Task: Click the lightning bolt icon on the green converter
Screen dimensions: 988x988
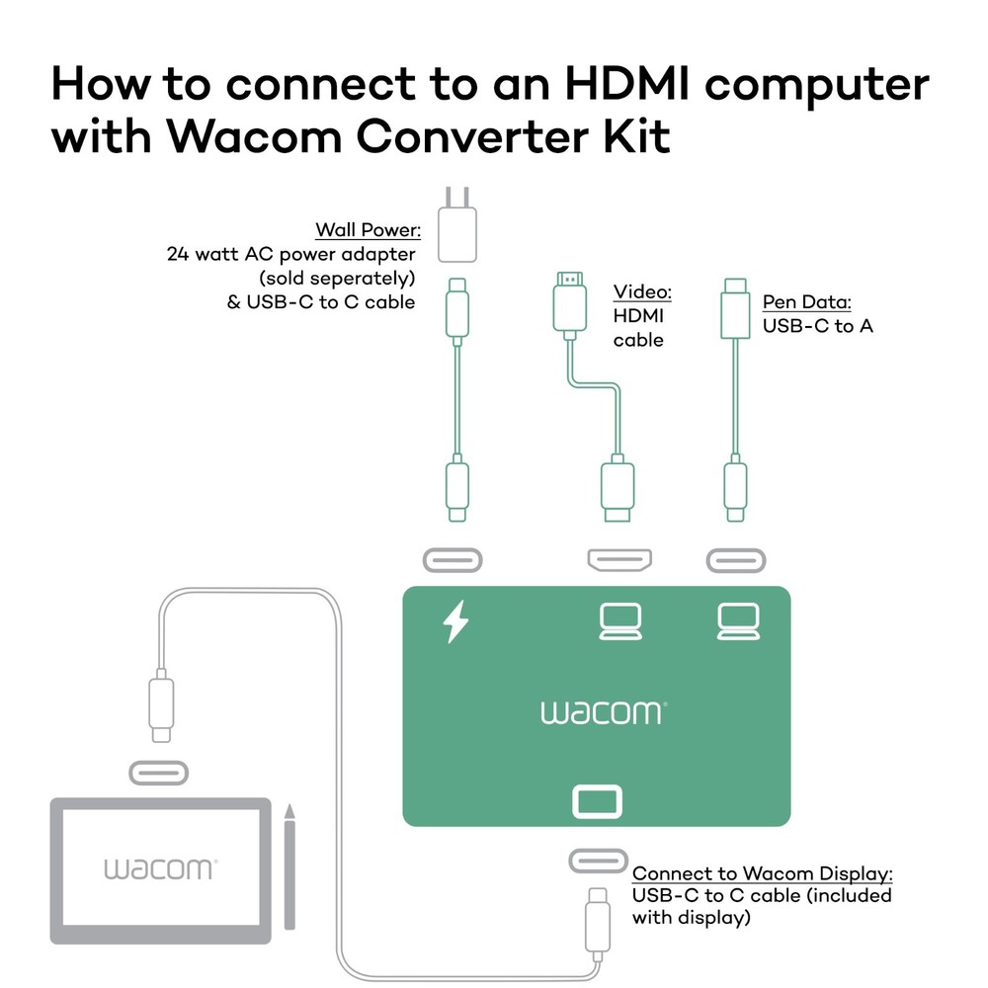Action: tap(454, 622)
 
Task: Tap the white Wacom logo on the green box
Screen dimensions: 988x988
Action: tap(604, 712)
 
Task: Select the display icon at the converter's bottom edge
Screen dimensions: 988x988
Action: tap(598, 801)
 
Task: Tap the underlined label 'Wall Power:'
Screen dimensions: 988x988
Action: tap(369, 230)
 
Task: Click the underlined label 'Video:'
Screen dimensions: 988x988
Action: tap(642, 292)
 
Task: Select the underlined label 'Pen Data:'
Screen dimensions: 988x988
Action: tap(806, 302)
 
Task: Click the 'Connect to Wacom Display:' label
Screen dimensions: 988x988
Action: tap(763, 873)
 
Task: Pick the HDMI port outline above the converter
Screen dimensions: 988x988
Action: tap(618, 561)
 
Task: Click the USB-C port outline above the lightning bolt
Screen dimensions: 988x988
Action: tap(453, 560)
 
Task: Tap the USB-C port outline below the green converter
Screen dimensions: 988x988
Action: tap(598, 861)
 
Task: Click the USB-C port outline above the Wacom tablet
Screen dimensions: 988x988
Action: tap(158, 773)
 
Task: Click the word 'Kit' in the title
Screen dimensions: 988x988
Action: tap(634, 136)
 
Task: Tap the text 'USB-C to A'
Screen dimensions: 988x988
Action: tap(817, 325)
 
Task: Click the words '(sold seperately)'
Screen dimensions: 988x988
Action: tap(336, 278)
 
